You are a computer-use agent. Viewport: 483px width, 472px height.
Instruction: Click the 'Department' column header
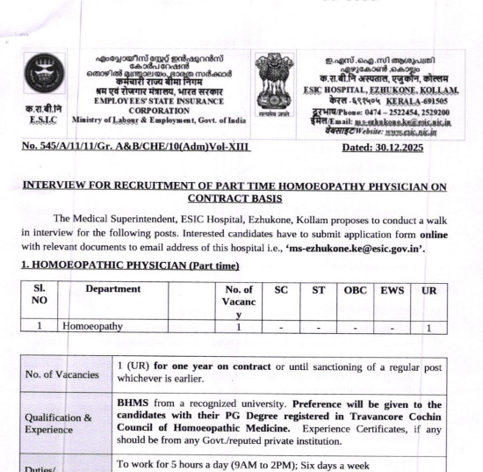coord(112,289)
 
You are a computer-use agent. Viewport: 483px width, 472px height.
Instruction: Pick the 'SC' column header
coord(281,289)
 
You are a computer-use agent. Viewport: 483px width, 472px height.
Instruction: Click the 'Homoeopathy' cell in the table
coord(92,326)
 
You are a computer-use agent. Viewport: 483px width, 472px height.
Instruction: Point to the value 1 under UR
coord(428,327)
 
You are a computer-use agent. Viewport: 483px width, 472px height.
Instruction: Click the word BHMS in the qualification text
coord(134,403)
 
